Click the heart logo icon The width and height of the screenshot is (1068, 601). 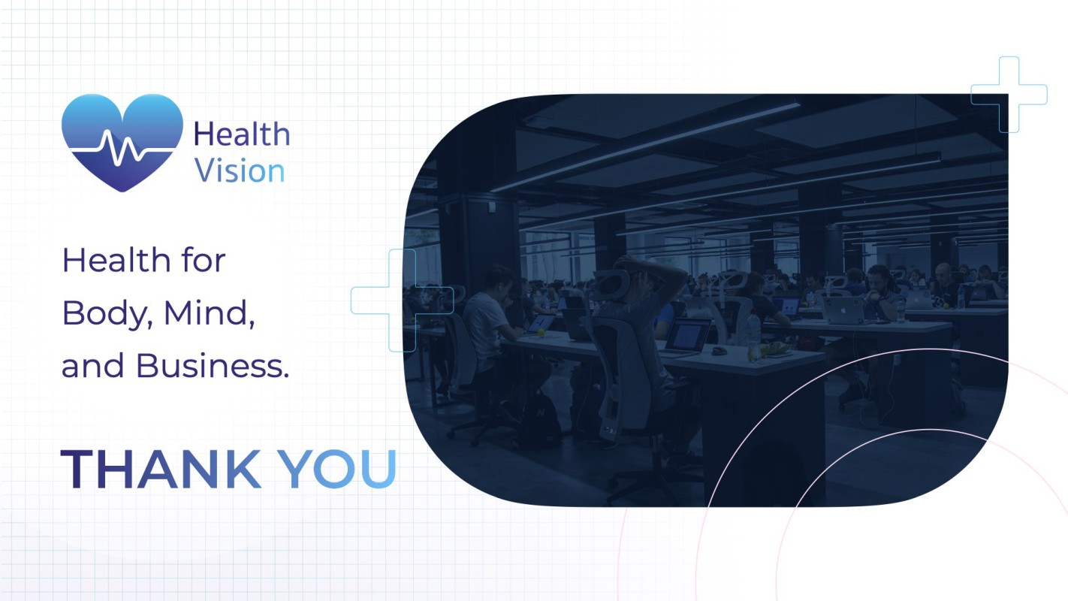(x=122, y=143)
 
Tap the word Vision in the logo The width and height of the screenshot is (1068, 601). (x=240, y=171)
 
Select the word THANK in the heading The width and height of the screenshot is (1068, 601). (x=161, y=470)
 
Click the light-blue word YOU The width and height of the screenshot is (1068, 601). (x=337, y=470)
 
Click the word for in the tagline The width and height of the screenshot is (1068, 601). (x=203, y=260)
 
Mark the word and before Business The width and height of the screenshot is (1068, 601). (x=93, y=366)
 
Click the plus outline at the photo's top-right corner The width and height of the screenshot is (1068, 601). (x=1009, y=95)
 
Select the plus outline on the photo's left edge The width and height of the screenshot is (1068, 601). (x=402, y=300)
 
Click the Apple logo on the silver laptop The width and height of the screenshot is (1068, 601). (x=843, y=310)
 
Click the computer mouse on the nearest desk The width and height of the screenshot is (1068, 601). (x=720, y=351)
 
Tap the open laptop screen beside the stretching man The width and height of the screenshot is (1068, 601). (x=687, y=334)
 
